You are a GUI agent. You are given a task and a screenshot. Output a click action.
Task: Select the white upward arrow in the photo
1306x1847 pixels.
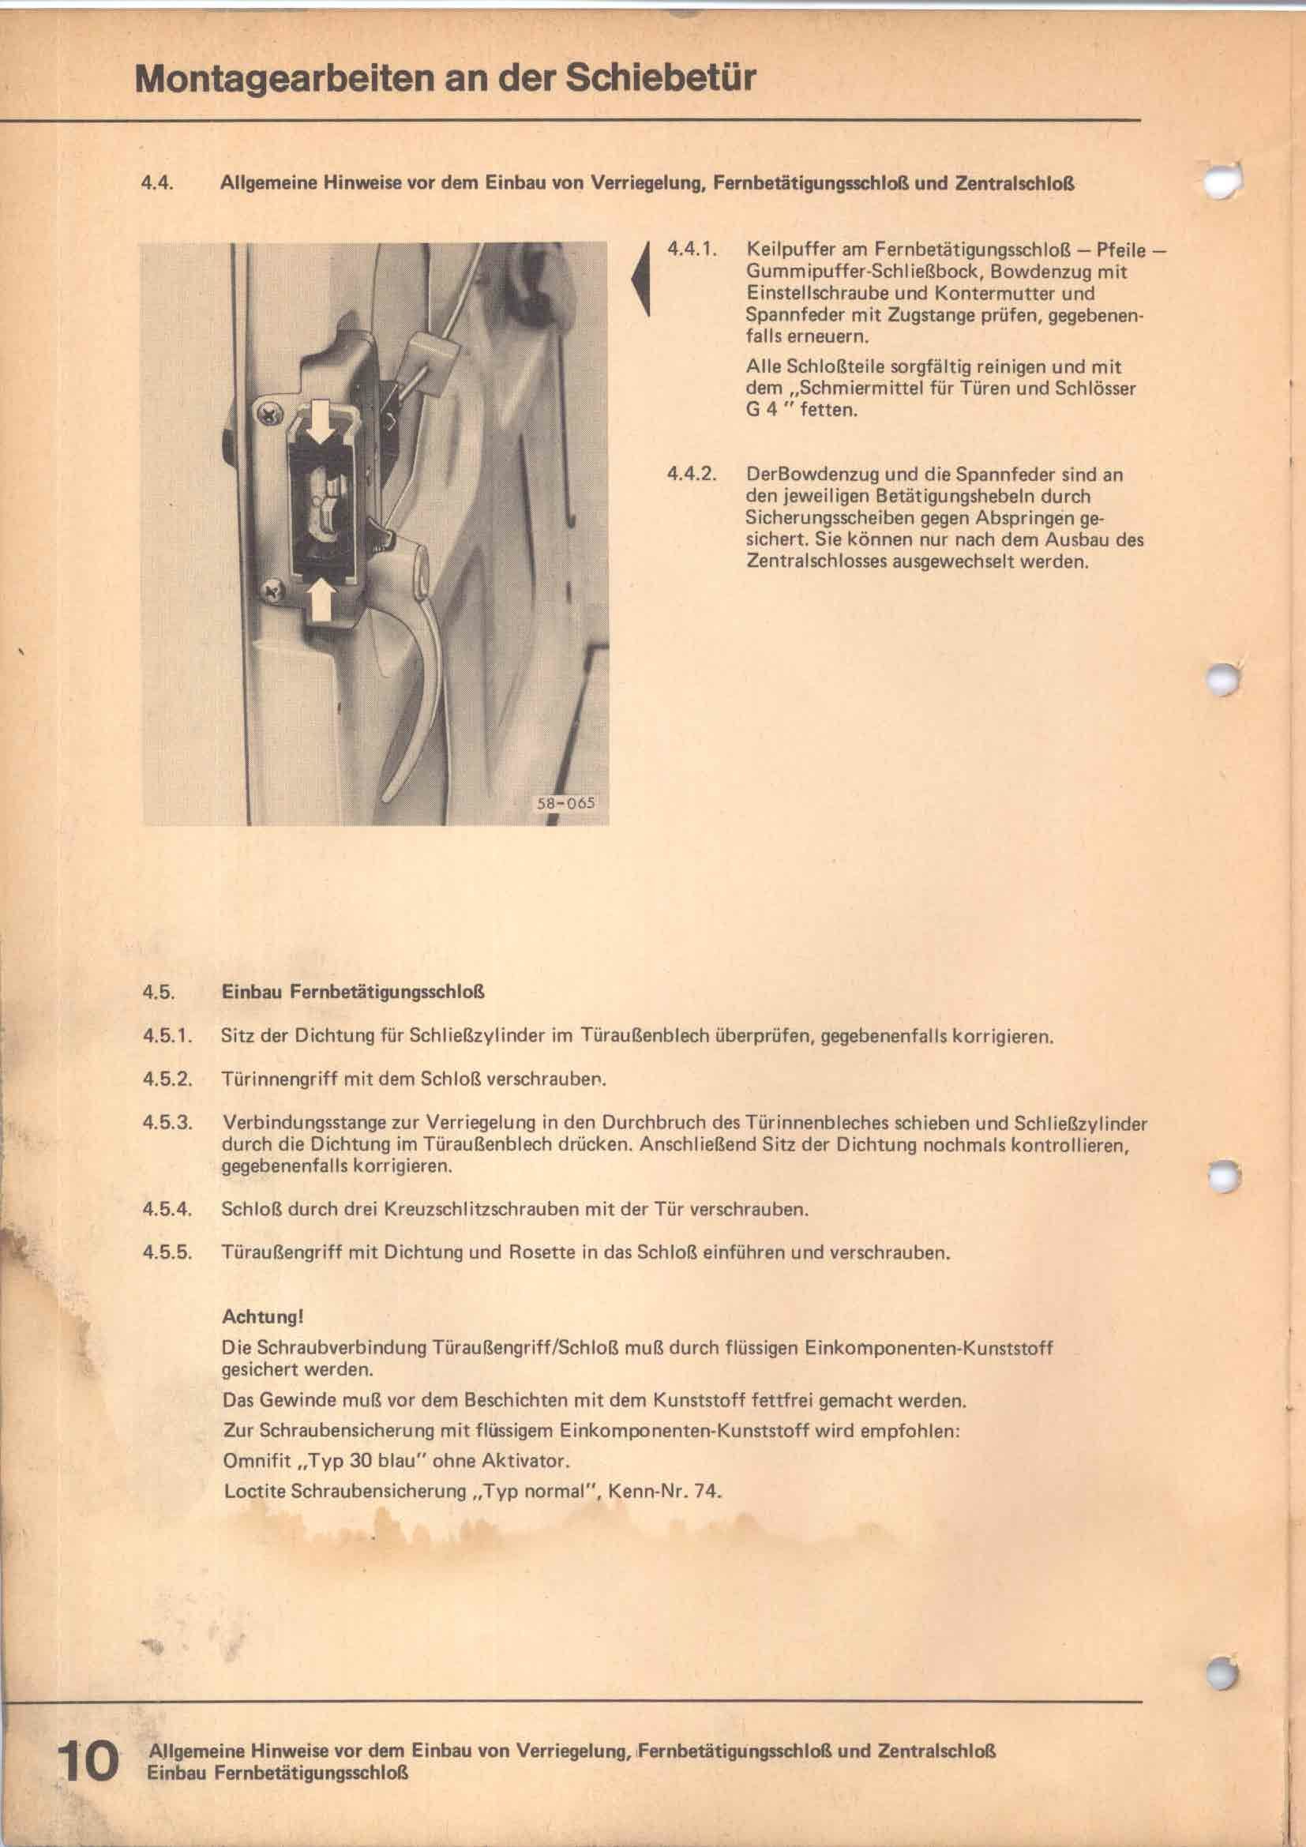pos(321,599)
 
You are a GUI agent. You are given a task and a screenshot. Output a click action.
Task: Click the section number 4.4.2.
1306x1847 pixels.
pos(691,474)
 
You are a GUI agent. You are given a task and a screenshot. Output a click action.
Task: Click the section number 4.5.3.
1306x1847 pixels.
pos(168,1122)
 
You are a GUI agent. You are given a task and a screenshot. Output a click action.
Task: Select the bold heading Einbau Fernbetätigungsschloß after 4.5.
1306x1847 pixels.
pos(352,992)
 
